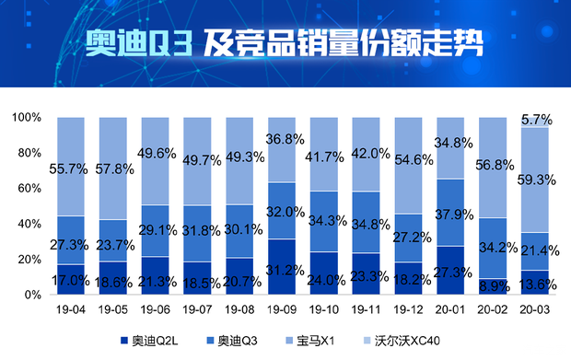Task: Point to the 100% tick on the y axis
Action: click(x=26, y=118)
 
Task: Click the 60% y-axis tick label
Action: click(x=29, y=189)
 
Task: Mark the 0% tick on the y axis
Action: click(x=32, y=295)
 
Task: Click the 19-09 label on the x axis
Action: click(x=281, y=311)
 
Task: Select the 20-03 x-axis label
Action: click(x=534, y=311)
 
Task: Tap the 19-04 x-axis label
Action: click(x=71, y=311)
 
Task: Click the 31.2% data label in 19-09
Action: click(x=281, y=270)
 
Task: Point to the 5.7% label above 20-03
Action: click(x=535, y=120)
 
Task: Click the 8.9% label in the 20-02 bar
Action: click(x=494, y=286)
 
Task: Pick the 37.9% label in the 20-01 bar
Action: click(x=451, y=217)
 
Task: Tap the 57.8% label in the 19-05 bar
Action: click(x=113, y=170)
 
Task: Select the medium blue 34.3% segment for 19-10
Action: click(x=324, y=221)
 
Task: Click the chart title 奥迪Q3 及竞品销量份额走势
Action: click(x=285, y=43)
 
